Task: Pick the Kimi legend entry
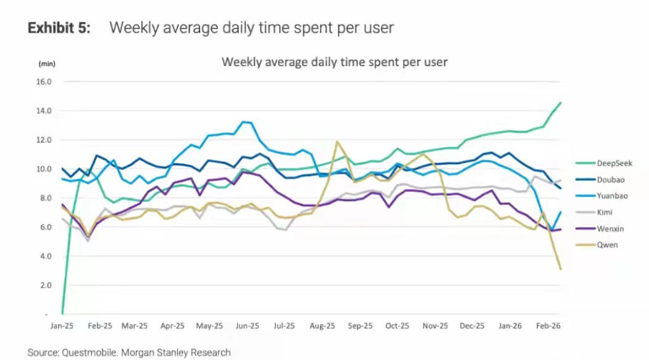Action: pyautogui.click(x=606, y=212)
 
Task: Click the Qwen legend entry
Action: pyautogui.click(x=607, y=245)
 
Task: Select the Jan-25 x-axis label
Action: pyautogui.click(x=62, y=325)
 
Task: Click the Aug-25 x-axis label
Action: pyautogui.click(x=322, y=325)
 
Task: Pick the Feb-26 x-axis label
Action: pyautogui.click(x=547, y=325)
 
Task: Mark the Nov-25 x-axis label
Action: pyautogui.click(x=435, y=325)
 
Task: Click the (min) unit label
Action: pyautogui.click(x=47, y=64)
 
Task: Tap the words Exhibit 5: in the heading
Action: pyautogui.click(x=59, y=28)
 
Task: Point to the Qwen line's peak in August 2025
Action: pyautogui.click(x=337, y=141)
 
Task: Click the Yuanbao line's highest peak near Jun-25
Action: pyautogui.click(x=245, y=122)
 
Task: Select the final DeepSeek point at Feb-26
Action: pyautogui.click(x=560, y=103)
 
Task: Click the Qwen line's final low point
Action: pyautogui.click(x=560, y=269)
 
